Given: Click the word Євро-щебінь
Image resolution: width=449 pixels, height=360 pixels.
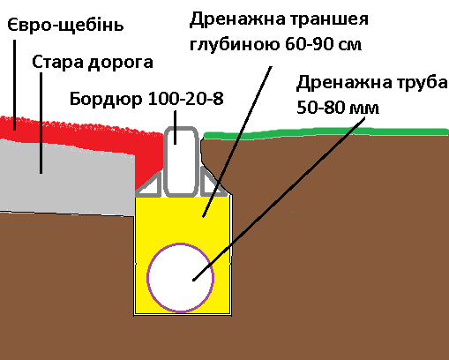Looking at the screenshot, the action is [65, 26].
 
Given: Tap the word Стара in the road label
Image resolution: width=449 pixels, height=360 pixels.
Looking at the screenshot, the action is [57, 62].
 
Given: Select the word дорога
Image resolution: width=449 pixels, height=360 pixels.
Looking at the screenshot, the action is [121, 64].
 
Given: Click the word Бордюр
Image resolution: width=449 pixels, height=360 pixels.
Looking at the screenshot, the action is [106, 99].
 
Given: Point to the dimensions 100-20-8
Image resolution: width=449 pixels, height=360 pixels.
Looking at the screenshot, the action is [185, 99].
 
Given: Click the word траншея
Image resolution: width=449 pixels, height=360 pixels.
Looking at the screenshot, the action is [329, 19].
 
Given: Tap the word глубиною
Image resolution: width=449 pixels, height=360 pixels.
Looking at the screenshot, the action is [235, 45].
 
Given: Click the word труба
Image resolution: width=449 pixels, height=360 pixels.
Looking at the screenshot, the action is [422, 83].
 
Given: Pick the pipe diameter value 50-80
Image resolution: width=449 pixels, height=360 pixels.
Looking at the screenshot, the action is [320, 108].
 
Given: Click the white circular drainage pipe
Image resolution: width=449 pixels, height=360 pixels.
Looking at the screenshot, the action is [180, 277].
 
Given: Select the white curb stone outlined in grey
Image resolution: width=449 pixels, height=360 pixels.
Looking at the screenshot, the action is [181, 161].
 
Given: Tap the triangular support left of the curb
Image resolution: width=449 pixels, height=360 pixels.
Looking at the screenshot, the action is [149, 184].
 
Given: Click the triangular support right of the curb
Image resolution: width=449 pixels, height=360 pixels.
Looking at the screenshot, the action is [213, 183].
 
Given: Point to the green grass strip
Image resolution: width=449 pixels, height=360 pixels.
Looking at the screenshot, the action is [326, 132].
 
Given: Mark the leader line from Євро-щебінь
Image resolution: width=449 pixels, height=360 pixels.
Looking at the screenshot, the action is [14, 85].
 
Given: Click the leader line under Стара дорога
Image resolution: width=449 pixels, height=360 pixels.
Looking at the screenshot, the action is [41, 124].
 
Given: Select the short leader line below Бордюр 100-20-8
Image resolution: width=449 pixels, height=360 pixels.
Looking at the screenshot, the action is [176, 127].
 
